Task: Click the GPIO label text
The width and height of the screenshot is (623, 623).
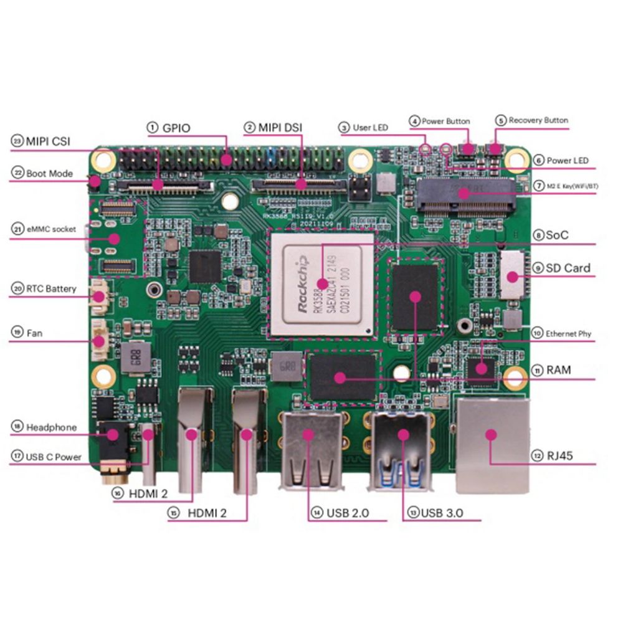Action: [x=176, y=128]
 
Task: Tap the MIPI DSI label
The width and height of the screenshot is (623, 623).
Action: [x=280, y=127]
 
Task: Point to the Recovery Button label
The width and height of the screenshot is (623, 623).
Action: [x=538, y=120]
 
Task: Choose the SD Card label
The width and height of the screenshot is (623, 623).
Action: [x=568, y=268]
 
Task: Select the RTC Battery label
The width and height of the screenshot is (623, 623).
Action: [x=51, y=288]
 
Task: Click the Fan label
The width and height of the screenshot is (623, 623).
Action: [x=35, y=333]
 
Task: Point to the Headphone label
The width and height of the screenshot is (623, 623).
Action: [x=52, y=427]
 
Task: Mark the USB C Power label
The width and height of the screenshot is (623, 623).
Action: [x=54, y=457]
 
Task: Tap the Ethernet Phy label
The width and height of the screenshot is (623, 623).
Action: [x=568, y=334]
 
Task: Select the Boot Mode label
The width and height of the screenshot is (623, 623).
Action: [x=49, y=173]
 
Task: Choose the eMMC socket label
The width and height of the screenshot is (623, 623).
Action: [x=52, y=229]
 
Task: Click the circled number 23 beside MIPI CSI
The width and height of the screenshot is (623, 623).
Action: [x=16, y=141]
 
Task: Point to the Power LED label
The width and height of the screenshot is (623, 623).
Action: [x=568, y=161]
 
